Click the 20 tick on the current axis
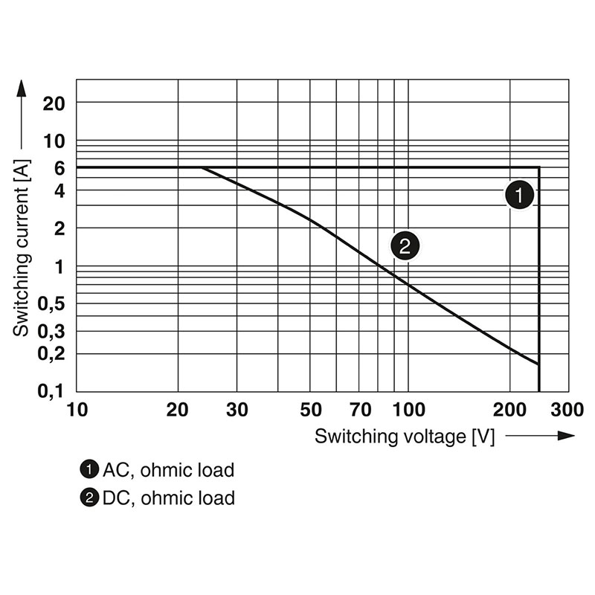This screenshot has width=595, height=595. point(55,102)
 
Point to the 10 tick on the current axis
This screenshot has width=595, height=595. point(55,141)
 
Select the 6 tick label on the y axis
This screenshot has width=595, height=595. point(59,168)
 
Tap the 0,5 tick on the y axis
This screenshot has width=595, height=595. point(51,303)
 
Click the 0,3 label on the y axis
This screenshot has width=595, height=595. point(51,331)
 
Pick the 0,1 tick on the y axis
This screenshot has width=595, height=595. point(51,390)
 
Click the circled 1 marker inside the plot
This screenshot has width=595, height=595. point(518,195)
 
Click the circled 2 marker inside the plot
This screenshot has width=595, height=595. point(405,245)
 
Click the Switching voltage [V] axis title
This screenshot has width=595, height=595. point(404,437)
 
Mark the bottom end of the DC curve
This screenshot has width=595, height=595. point(538,364)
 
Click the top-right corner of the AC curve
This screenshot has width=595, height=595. point(538,167)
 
